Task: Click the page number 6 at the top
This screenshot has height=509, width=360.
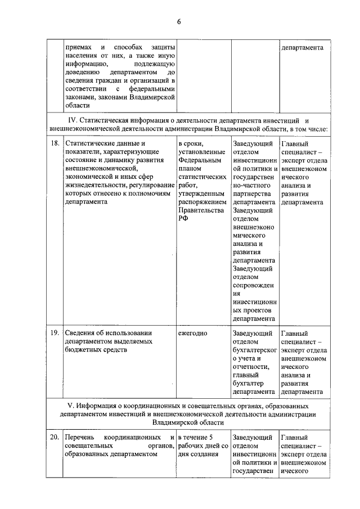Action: [x=179, y=22]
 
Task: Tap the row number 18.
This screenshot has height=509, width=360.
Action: [x=55, y=144]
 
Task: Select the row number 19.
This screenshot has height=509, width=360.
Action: [x=55, y=333]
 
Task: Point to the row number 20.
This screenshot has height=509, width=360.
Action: [x=55, y=437]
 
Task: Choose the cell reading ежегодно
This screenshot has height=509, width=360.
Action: [x=192, y=333]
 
